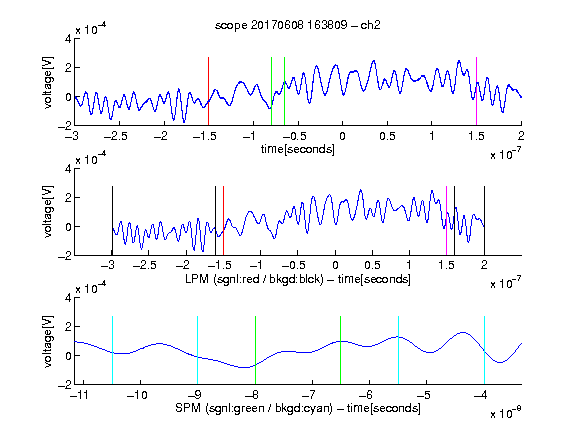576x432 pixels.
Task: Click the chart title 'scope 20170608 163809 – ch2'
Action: click(x=298, y=25)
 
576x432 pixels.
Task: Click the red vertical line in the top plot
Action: click(x=208, y=91)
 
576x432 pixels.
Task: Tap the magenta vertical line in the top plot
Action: click(x=476, y=91)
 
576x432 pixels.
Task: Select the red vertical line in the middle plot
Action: click(x=223, y=221)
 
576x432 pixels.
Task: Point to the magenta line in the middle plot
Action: click(x=446, y=221)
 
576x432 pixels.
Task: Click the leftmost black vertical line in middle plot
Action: click(x=112, y=221)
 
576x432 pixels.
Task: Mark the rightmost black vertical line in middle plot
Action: click(x=484, y=221)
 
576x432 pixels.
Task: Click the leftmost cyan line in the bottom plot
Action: click(x=112, y=350)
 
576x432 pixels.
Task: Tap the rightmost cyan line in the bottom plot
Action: click(x=484, y=350)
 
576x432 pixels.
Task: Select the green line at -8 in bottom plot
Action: click(x=255, y=350)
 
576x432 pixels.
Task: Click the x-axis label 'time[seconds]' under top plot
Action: click(x=298, y=150)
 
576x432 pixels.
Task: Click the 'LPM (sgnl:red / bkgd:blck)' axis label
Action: click(x=254, y=279)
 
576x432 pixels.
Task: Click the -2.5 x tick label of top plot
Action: click(x=115, y=136)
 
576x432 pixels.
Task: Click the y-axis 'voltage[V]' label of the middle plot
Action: click(x=48, y=212)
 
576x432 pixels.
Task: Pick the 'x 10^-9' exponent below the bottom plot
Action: click(x=505, y=413)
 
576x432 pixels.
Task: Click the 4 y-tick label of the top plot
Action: click(x=68, y=39)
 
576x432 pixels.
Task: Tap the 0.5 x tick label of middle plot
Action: click(x=372, y=265)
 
